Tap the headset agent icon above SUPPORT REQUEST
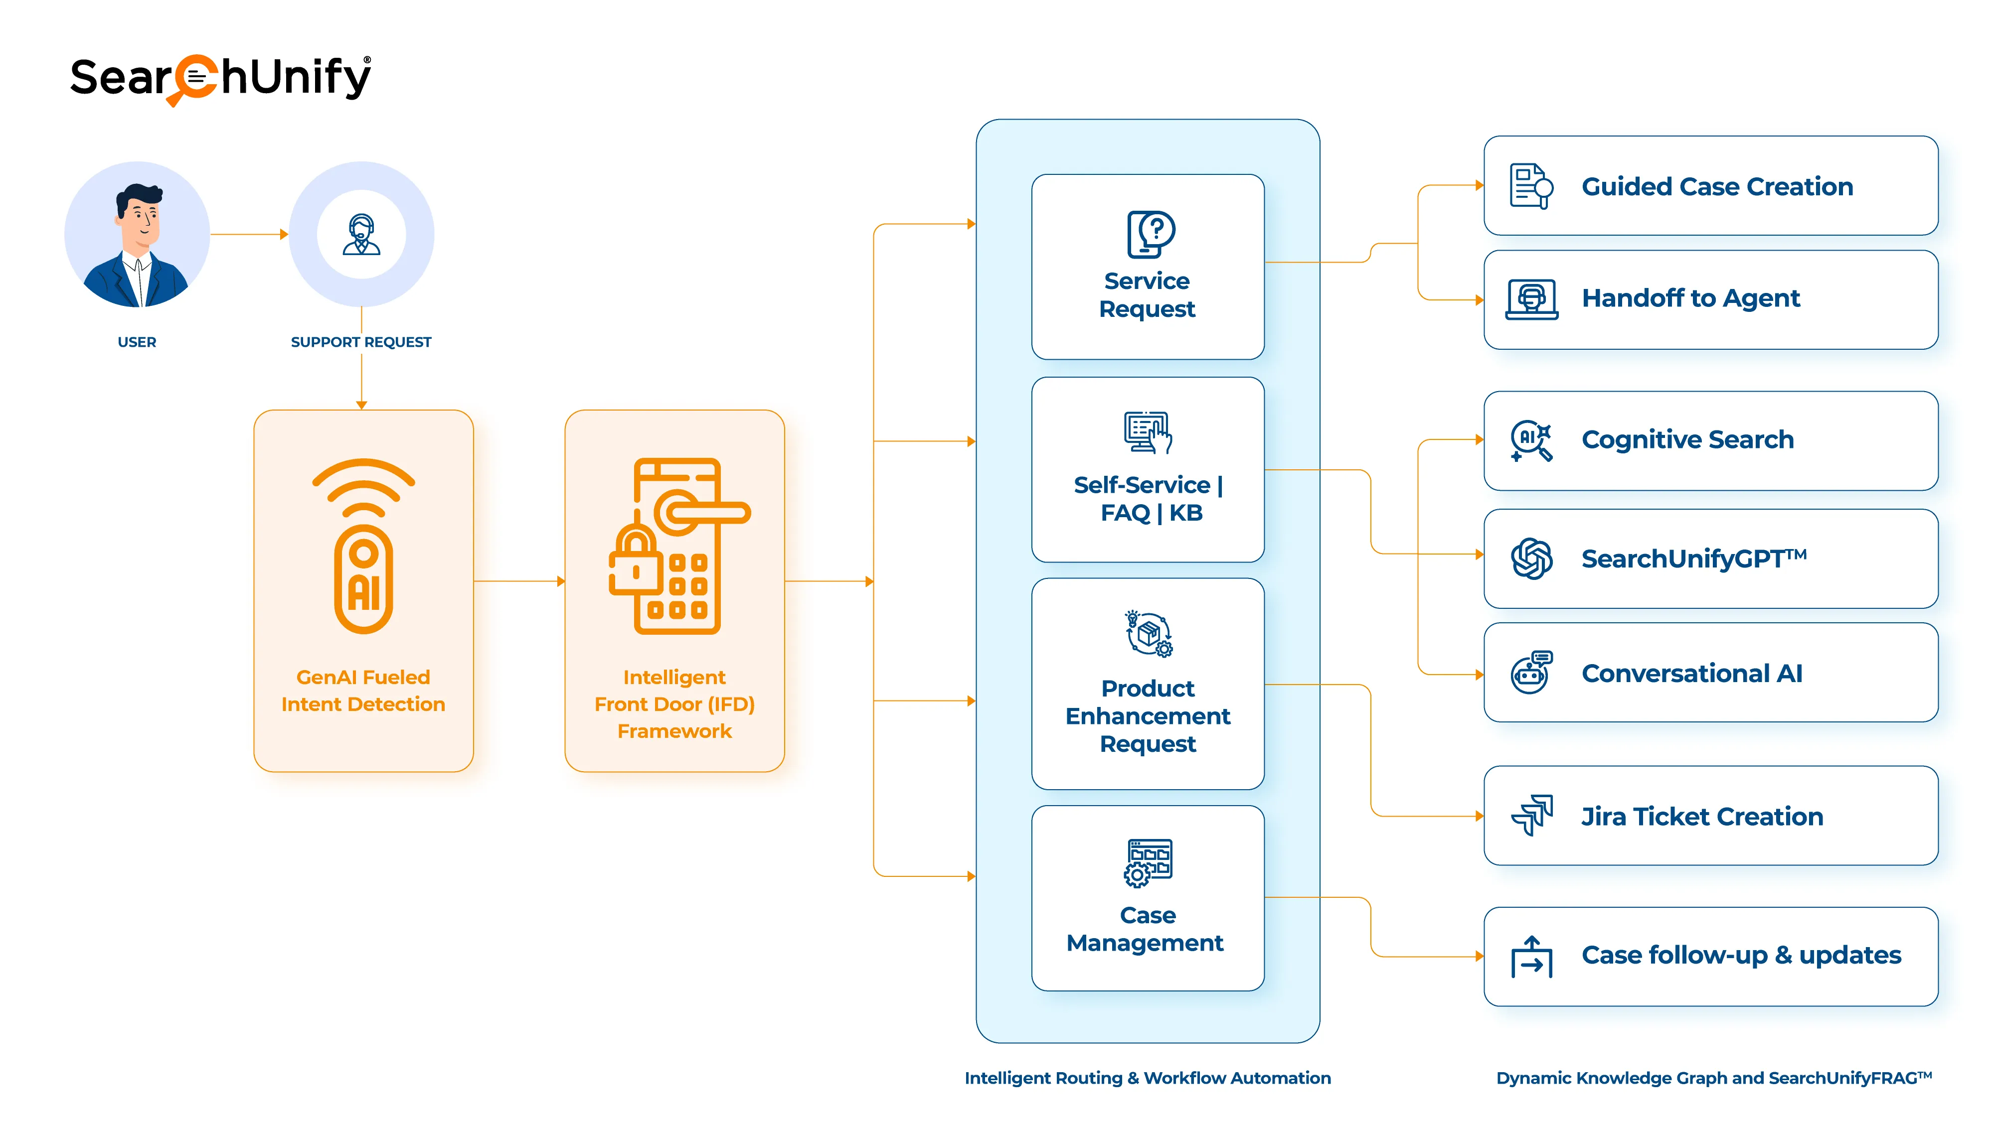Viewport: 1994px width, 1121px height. [361, 234]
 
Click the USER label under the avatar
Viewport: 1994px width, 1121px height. [137, 342]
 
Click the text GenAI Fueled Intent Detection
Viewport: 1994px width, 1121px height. [363, 690]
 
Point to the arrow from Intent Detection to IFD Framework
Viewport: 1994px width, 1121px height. [518, 581]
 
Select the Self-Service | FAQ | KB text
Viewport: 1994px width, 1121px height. [1149, 498]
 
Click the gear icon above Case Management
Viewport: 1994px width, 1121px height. [1137, 875]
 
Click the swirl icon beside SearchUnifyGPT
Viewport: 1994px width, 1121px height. [1531, 559]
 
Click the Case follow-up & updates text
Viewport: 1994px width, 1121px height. [1741, 956]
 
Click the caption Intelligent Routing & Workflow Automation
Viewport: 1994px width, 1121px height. [1147, 1078]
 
